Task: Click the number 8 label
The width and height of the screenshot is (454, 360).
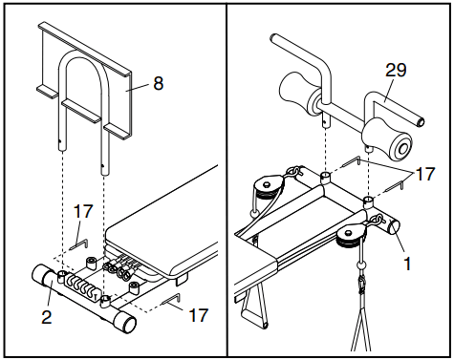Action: (159, 83)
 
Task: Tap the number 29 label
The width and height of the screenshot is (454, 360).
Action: (396, 70)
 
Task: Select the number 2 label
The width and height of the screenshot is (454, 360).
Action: (47, 317)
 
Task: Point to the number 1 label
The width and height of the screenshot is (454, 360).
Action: (407, 264)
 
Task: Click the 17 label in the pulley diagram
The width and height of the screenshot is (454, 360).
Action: (425, 174)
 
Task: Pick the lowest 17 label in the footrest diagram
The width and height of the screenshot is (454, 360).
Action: (199, 315)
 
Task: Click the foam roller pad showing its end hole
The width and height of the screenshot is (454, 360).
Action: (386, 138)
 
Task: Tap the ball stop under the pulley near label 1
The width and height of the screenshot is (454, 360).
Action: (362, 265)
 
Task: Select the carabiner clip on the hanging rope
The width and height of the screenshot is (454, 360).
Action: (362, 284)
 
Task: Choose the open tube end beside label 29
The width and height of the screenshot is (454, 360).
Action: (421, 122)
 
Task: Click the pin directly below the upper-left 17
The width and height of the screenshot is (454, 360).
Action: (78, 244)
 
